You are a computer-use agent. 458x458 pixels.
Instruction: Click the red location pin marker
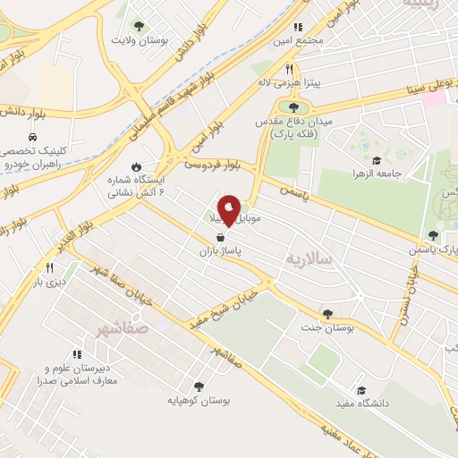click(229, 209)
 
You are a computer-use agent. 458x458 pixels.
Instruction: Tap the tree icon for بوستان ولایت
click(138, 26)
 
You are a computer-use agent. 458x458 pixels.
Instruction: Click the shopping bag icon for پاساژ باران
click(220, 238)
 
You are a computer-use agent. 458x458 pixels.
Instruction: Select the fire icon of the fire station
click(135, 166)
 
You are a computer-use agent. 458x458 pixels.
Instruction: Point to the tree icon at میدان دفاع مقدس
click(294, 107)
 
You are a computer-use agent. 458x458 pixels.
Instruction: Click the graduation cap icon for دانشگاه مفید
click(361, 390)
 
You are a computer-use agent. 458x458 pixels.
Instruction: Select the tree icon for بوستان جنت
click(327, 314)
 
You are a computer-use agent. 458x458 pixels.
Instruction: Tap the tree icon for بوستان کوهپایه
click(199, 386)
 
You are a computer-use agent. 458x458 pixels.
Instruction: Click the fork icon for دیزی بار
click(49, 267)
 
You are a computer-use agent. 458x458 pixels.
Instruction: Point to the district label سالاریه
click(309, 258)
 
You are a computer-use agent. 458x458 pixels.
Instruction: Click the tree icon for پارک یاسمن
click(434, 235)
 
